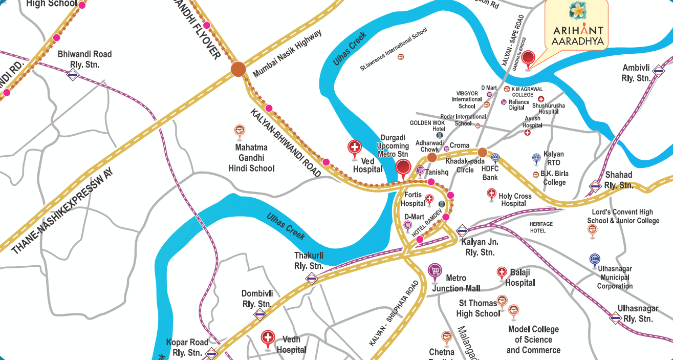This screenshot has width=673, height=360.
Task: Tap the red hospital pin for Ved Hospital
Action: click(354, 148)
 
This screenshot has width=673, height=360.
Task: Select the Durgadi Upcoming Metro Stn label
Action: click(393, 146)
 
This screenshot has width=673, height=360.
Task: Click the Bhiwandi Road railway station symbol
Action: click(73, 75)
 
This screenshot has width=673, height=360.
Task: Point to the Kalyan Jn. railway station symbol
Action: click(462, 230)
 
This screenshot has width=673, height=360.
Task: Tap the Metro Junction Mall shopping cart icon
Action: click(435, 270)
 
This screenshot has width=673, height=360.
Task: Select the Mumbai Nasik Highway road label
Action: click(288, 53)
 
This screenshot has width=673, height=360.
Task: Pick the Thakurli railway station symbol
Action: click(311, 279)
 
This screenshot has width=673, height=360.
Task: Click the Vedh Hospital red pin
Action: click(268, 338)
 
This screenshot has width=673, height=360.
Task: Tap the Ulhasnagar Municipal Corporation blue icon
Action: click(594, 259)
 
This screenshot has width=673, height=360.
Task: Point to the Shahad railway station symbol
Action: click(595, 186)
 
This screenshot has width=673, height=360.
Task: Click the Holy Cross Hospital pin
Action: click(491, 194)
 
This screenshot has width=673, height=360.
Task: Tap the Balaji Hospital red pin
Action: click(502, 272)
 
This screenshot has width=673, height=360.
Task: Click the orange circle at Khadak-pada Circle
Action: click(482, 152)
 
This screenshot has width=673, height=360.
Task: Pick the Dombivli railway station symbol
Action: click(260, 314)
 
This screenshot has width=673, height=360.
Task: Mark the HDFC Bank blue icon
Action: click(495, 158)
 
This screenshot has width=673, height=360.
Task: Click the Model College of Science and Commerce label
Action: click(533, 340)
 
